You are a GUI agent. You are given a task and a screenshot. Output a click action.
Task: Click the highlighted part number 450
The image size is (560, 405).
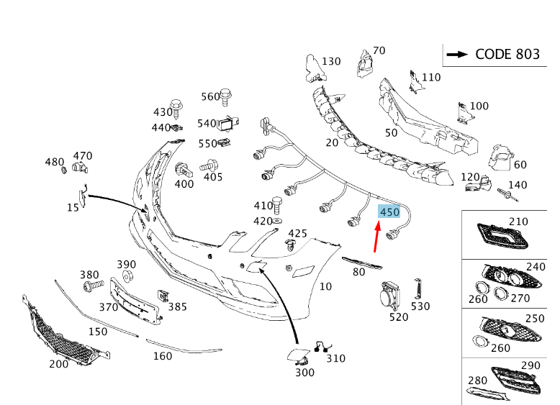(x=389, y=212)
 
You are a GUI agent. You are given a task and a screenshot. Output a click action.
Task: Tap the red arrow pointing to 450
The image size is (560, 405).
(x=376, y=237)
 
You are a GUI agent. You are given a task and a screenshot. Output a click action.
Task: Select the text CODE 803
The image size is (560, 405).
(x=507, y=54)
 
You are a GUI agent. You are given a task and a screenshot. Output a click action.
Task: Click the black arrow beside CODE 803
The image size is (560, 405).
(x=457, y=54)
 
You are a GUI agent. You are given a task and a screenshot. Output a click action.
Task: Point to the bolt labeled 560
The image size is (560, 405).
(x=226, y=96)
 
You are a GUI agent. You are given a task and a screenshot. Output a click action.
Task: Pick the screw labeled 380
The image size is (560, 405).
(x=93, y=286)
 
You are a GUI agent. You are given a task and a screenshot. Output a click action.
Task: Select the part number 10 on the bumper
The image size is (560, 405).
(x=325, y=286)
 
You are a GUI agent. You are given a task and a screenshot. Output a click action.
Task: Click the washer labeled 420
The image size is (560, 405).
(x=277, y=222)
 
